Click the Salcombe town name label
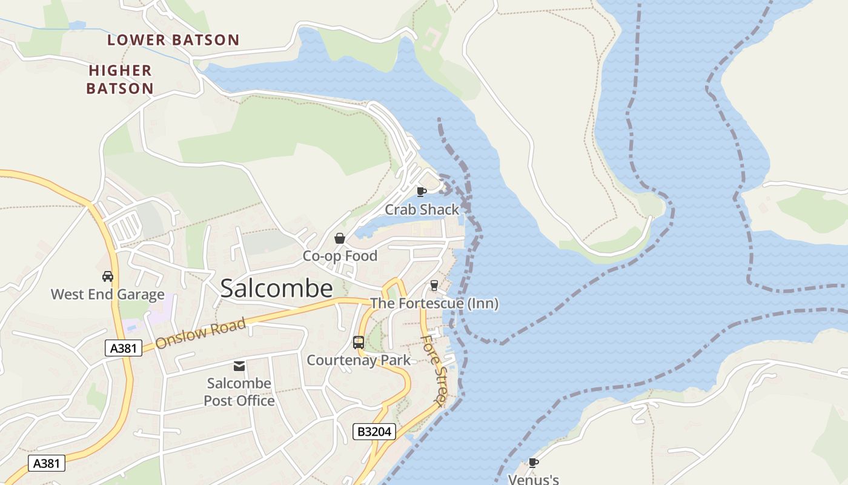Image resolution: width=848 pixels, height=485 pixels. pos(276,289)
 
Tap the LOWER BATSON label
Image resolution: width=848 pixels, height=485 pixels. pos(173,40)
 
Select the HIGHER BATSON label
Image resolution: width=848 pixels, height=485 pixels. pos(120,79)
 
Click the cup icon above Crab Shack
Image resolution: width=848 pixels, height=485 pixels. pos(422,192)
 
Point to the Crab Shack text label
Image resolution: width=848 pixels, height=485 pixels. pos(422,210)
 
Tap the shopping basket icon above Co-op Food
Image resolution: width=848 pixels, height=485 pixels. pos(340,238)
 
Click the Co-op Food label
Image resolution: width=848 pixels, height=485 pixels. pos(340,256)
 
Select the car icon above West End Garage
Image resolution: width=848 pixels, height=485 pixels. pos(108,276)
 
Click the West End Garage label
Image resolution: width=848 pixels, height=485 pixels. pos(108,295)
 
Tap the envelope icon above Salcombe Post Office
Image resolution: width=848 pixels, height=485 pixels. pos(239,366)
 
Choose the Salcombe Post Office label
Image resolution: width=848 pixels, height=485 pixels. pos(239,392)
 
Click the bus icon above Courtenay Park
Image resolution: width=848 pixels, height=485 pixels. pos(358,343)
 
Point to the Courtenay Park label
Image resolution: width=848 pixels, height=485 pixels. pos(358,360)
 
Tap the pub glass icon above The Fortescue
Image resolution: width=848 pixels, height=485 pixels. pos(434,285)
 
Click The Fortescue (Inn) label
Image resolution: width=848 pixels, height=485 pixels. pos(434,303)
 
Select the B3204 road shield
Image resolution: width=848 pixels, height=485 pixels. pos(374,432)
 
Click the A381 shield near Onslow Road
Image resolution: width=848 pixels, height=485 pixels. pos(123,348)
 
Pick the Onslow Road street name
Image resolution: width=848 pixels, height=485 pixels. pos(200,334)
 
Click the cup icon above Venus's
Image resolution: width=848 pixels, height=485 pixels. pos(533,463)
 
